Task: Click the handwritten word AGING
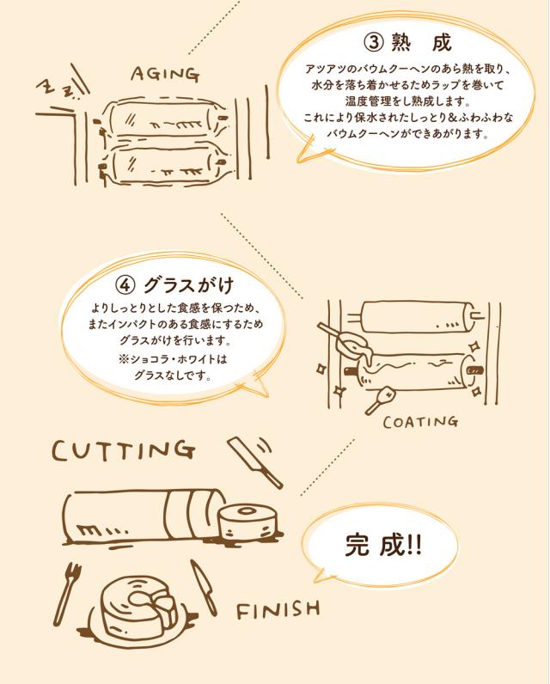coord(165,74)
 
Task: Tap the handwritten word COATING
coord(420,421)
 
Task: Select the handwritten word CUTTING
coord(124,450)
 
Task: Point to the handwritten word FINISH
coord(278,609)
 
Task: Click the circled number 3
coord(374,43)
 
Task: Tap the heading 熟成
coord(421,43)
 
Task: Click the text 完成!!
coord(383,545)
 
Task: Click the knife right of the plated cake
coord(204,587)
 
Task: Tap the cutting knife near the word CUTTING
coord(255,462)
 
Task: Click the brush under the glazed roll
coord(381,400)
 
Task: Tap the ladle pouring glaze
coord(345,339)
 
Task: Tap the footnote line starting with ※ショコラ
coord(173,359)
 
